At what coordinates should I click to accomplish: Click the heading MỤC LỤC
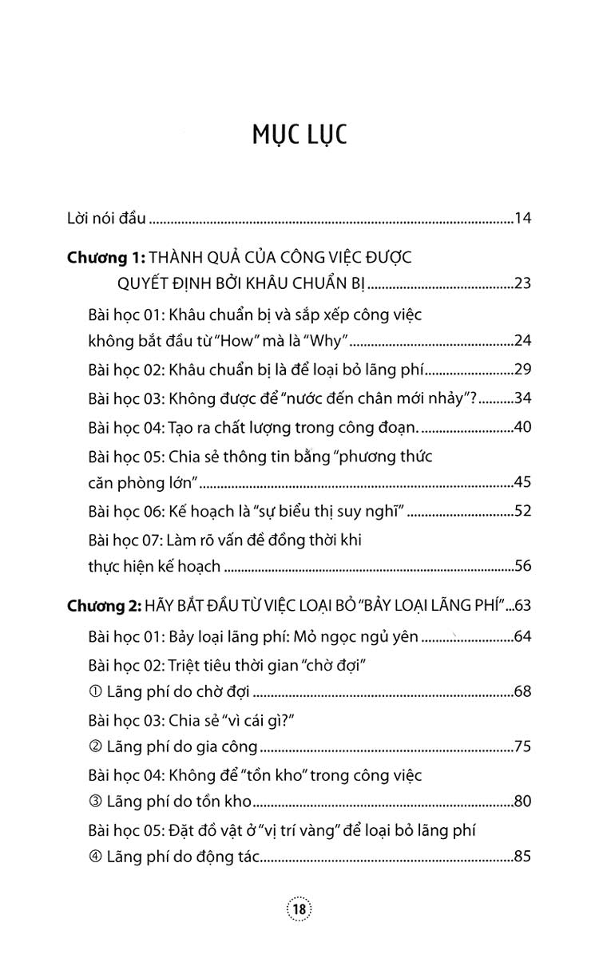[299, 134]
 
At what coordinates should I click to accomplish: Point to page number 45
[523, 482]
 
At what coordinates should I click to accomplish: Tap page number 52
[523, 511]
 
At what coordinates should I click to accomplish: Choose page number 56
[523, 567]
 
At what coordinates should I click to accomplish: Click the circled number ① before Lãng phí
[97, 691]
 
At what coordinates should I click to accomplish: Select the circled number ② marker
[97, 747]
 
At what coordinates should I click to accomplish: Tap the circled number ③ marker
[97, 802]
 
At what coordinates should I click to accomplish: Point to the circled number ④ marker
[97, 858]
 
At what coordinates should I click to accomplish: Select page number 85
[523, 858]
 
